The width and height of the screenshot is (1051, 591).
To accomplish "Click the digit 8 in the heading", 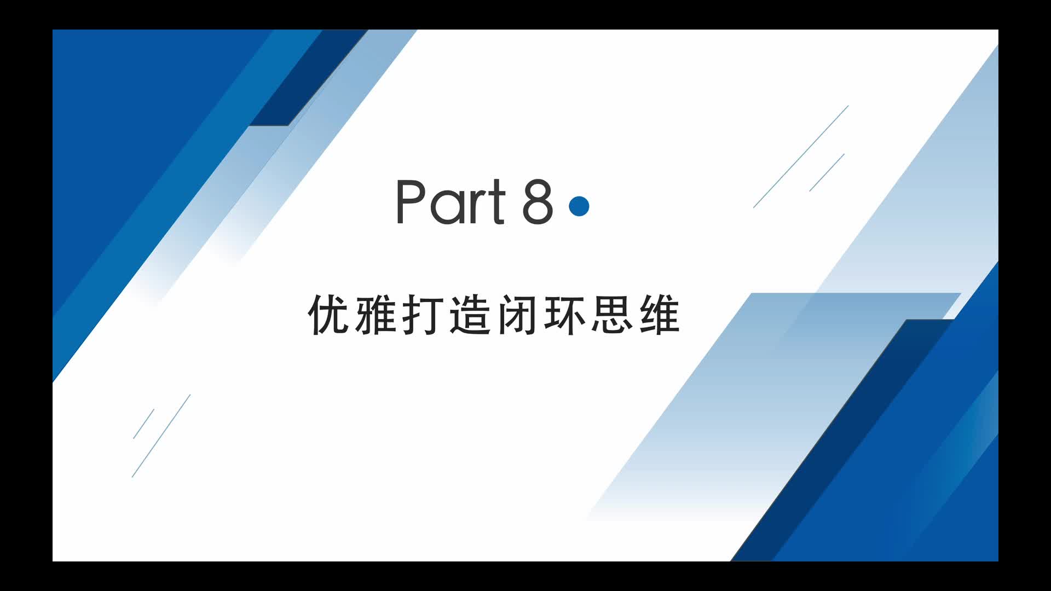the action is (x=538, y=201).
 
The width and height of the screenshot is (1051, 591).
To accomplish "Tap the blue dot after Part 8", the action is (x=579, y=206).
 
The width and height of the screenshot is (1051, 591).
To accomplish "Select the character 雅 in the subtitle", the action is (x=376, y=314).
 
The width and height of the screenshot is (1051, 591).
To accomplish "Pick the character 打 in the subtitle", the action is (x=423, y=314).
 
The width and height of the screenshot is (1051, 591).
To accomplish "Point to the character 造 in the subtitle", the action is (x=470, y=314).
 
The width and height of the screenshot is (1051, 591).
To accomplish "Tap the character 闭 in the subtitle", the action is (x=517, y=314).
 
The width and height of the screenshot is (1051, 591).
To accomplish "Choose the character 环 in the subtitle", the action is (x=564, y=314).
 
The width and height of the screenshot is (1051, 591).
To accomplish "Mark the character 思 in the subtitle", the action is (x=611, y=314).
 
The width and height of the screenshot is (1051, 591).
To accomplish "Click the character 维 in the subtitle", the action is (x=659, y=314).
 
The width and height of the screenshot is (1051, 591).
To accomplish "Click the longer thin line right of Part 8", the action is (x=801, y=157).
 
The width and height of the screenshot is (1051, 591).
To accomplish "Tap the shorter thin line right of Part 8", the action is (x=827, y=172).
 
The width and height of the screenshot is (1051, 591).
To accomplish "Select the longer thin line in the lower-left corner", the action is (x=161, y=436).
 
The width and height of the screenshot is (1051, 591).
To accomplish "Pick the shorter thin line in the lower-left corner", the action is (x=143, y=424).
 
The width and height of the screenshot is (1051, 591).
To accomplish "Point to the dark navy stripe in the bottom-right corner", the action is (x=843, y=440).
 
